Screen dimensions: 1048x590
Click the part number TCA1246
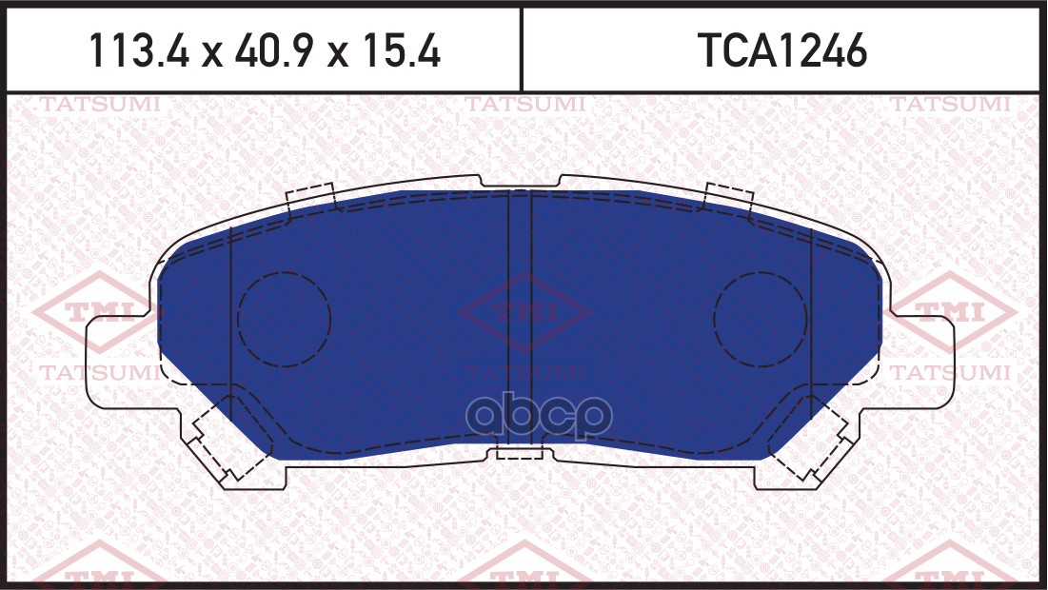pos(781,50)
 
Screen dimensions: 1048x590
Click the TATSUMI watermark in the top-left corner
pos(100,105)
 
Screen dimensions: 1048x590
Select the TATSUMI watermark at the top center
pos(524,105)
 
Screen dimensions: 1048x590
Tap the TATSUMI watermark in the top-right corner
pos(950,105)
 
